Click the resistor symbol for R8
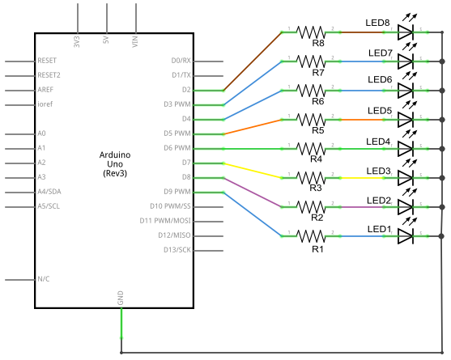coord(311,32)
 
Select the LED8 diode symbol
coord(406,32)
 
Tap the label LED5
coord(380,111)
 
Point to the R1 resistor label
coord(317,249)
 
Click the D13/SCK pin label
coord(177,250)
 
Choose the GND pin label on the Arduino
coord(121,298)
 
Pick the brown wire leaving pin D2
coord(253,61)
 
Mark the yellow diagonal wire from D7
coord(253,171)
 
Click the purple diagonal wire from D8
coord(253,193)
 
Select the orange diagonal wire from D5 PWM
coord(253,127)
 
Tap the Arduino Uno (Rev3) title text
coord(115,164)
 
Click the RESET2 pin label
coord(49,75)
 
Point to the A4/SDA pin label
coord(49,192)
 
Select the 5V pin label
coord(106,40)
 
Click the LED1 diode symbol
coord(406,236)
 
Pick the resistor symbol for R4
coord(311,149)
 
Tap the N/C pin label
coord(44,279)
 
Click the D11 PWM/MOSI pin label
coord(165,221)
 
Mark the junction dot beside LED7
coord(442,61)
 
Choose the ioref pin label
coord(45,104)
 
